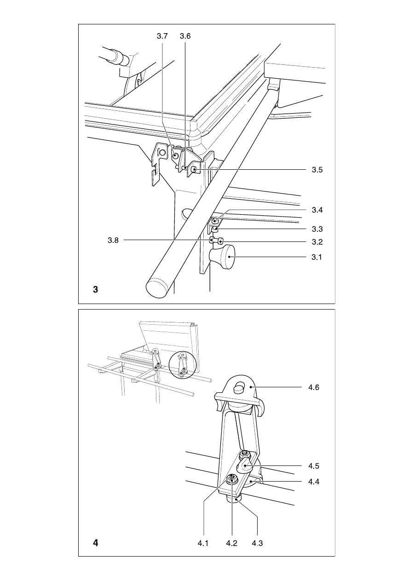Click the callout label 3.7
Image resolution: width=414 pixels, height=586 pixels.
coord(162,36)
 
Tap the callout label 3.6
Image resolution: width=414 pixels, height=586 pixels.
coord(185,36)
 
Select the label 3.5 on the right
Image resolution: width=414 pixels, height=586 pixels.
coord(317,170)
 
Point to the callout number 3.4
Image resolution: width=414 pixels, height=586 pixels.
coord(317,210)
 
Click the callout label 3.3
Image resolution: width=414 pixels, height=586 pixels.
coord(317,229)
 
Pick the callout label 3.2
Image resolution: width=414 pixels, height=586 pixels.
coord(317,242)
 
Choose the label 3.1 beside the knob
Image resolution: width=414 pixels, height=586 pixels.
coord(316,257)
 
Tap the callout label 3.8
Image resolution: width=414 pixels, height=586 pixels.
coord(113,240)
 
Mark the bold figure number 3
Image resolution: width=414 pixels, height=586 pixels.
coord(96,290)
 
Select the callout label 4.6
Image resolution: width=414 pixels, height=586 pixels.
coord(314,387)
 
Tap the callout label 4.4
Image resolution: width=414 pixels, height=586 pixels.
coord(314,482)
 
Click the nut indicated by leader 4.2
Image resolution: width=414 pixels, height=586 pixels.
coord(231,479)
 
